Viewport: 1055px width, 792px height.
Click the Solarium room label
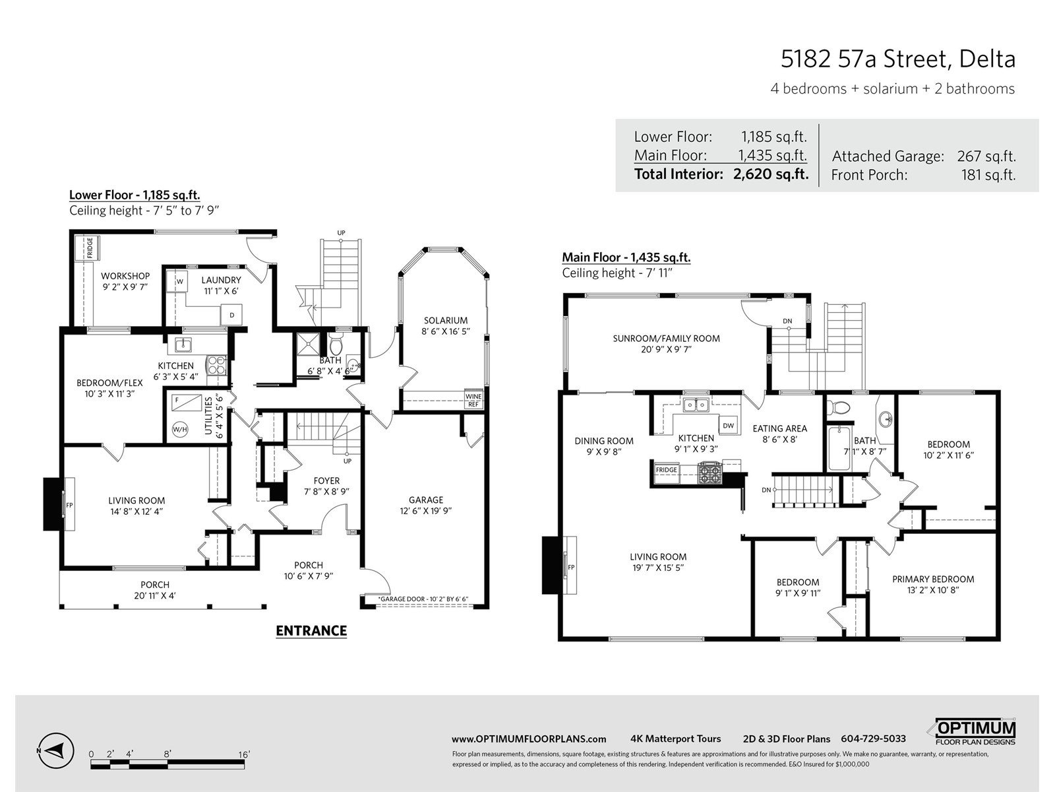click(446, 325)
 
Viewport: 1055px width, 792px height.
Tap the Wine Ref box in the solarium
click(473, 400)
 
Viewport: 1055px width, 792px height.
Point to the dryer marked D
click(231, 315)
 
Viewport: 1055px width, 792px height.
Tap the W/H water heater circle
click(180, 430)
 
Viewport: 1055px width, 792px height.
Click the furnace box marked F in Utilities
click(185, 403)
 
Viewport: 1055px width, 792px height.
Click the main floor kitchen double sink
click(696, 405)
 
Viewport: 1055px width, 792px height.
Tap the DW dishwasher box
click(728, 425)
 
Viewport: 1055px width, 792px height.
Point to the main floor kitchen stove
click(709, 473)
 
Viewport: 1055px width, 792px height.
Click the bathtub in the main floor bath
click(839, 448)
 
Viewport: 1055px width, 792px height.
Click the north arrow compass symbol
click(56, 750)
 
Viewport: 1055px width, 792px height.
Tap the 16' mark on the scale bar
click(244, 754)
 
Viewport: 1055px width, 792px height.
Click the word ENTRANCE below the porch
click(311, 631)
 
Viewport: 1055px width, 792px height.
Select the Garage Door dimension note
click(423, 599)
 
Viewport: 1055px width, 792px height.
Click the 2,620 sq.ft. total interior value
click(770, 174)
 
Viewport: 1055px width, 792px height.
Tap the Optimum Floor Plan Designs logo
click(975, 733)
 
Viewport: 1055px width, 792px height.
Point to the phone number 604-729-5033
click(873, 739)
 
